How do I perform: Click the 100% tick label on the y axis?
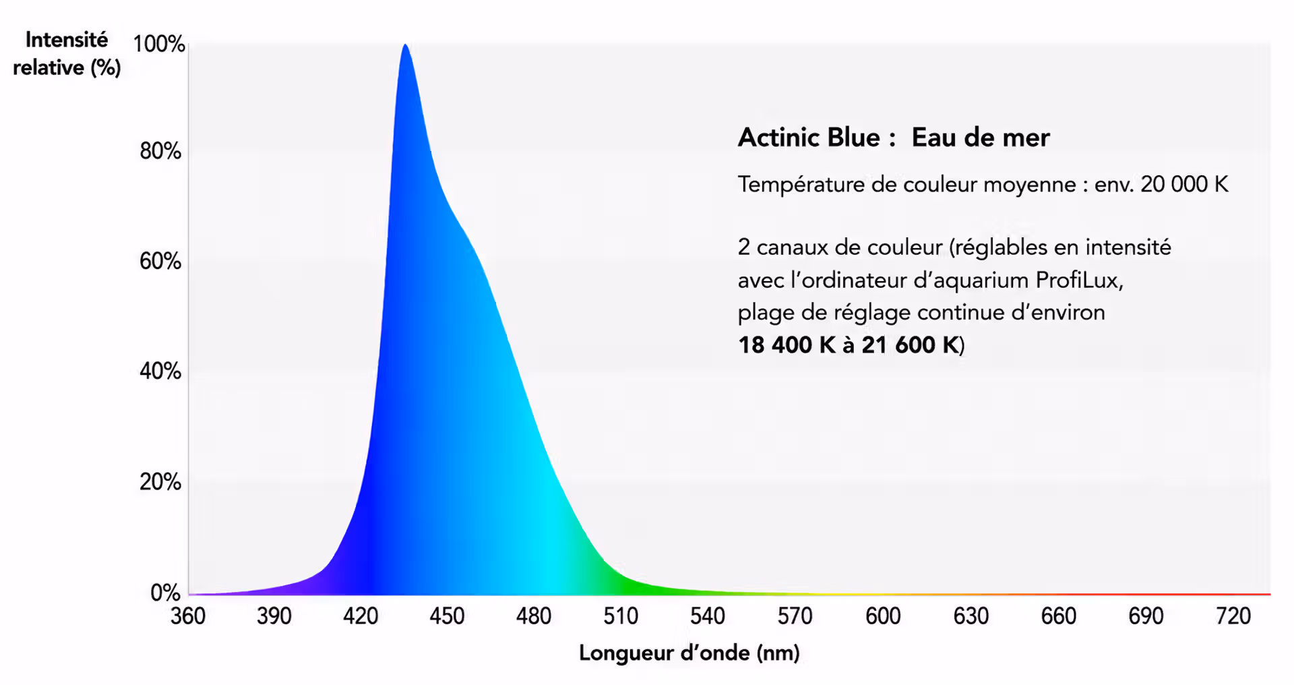pos(159,44)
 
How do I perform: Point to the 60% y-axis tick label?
pos(160,261)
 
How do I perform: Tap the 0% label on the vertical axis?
pos(166,593)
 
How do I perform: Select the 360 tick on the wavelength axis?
pos(188,616)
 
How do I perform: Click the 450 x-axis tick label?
pos(447,616)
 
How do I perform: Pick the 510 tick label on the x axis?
pos(621,616)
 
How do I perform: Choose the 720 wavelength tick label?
pos(1233,616)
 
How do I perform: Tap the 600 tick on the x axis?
pos(883,616)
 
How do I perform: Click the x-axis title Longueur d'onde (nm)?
pos(689,653)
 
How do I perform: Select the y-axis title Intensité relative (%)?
pos(67,54)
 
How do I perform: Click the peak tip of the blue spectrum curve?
pos(404,44)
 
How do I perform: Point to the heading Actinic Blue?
pos(809,138)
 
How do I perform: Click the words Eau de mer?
pos(981,138)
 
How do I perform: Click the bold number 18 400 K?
pos(787,345)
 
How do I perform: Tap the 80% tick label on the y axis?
pos(160,151)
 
